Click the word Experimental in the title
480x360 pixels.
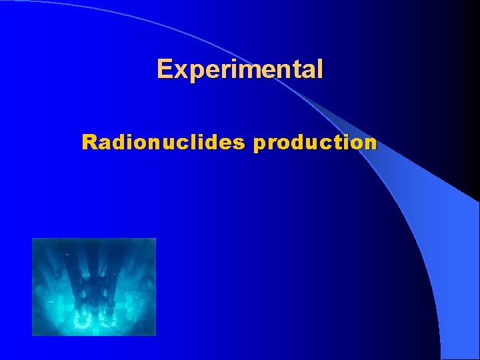pyautogui.click(x=240, y=69)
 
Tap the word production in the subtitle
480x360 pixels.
pyautogui.click(x=315, y=142)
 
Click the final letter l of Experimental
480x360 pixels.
pyautogui.click(x=320, y=69)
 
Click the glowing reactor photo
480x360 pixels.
pyautogui.click(x=94, y=286)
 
